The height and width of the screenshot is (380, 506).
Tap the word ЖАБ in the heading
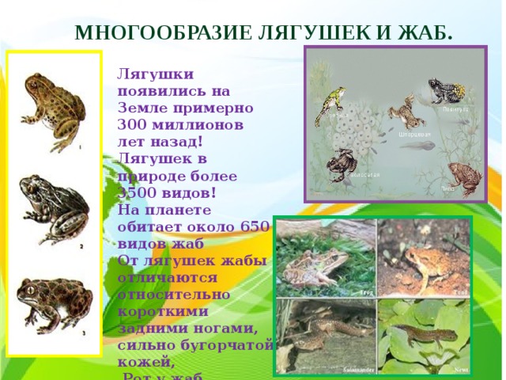pyautogui.click(x=430, y=32)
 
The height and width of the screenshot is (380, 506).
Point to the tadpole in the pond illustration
pyautogui.click(x=419, y=147)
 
